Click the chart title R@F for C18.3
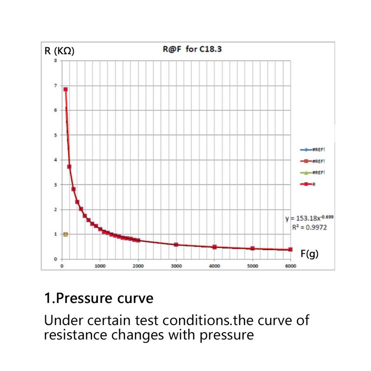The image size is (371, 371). click(192, 48)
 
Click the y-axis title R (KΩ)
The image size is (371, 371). click(59, 51)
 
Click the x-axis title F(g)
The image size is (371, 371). click(310, 254)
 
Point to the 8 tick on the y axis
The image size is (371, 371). click(56, 61)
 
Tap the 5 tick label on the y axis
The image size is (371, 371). click(56, 135)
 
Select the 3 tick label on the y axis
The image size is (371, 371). click(56, 185)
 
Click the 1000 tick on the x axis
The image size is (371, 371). click(100, 266)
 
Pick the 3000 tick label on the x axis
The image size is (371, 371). click(176, 266)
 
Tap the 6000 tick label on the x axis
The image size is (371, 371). click(290, 266)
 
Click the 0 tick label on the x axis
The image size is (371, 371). click(62, 266)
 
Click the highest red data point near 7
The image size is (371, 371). click(66, 90)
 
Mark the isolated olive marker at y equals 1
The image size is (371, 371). click(65, 234)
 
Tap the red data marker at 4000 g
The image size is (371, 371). click(214, 247)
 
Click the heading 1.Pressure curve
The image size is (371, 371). click(98, 298)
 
